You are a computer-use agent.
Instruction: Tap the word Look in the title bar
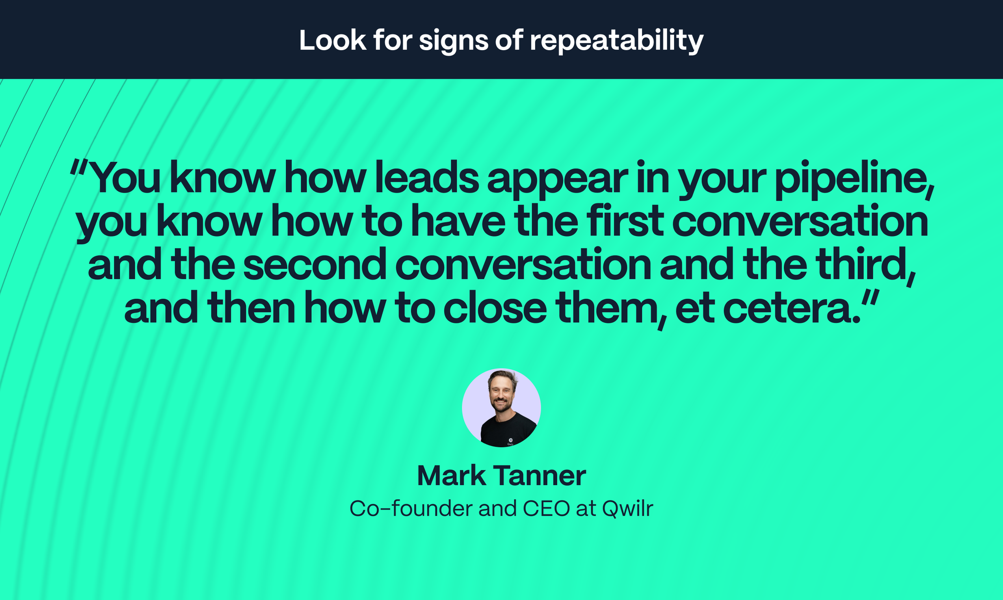coord(332,41)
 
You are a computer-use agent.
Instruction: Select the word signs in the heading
coord(453,41)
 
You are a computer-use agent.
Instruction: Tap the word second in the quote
coord(314,265)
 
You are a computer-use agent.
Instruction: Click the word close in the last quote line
coord(494,308)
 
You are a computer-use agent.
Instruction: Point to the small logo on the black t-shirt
coord(511,440)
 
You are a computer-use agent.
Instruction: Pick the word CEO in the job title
coord(546,509)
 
